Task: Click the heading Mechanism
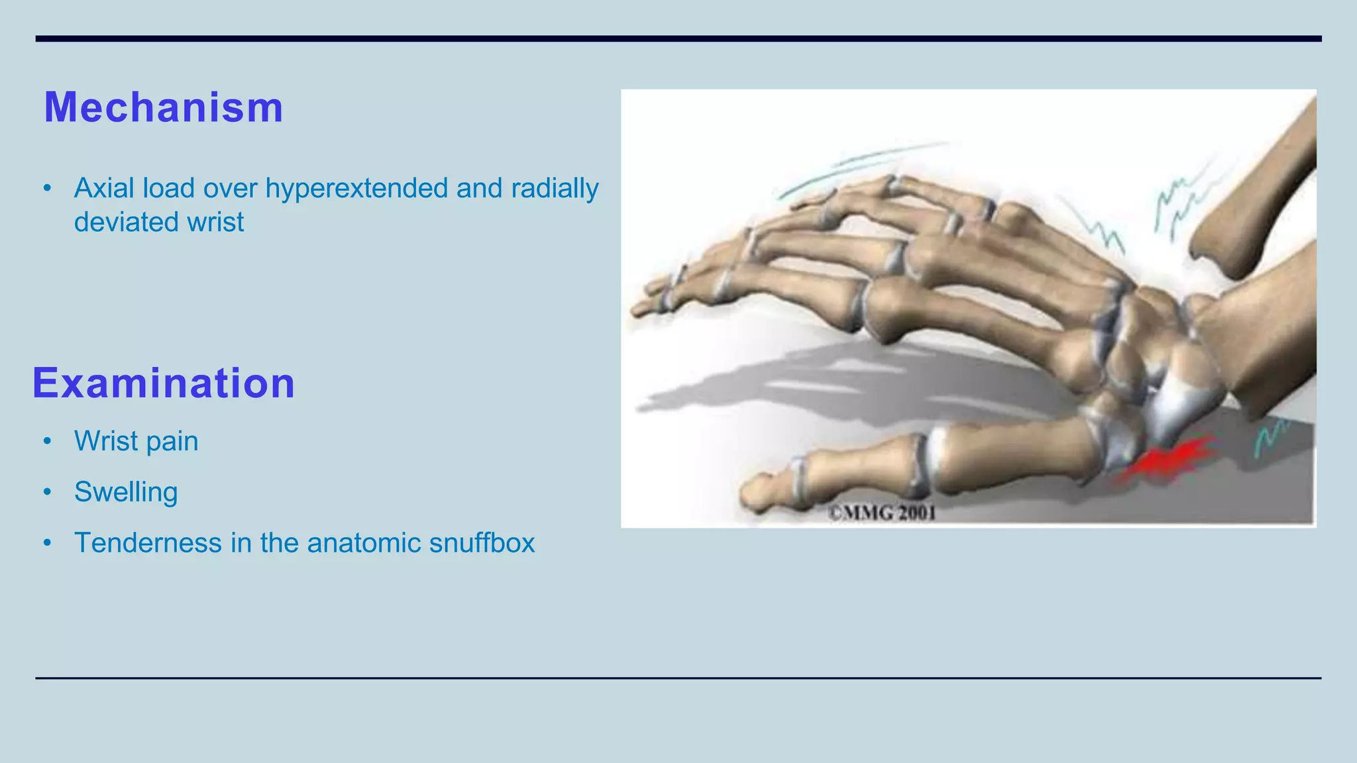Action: [x=163, y=107]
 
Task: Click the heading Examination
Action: [x=163, y=383]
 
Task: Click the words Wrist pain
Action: [x=136, y=441]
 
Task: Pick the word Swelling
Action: [x=126, y=492]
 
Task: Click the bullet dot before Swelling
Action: [x=47, y=492]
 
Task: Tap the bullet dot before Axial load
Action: [x=47, y=189]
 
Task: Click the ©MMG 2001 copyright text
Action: [x=882, y=513]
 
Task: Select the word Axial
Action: [x=103, y=189]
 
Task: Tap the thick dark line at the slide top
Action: [x=678, y=39]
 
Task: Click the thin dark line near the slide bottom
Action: [x=678, y=678]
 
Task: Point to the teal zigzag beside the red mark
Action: [x=1269, y=437]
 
